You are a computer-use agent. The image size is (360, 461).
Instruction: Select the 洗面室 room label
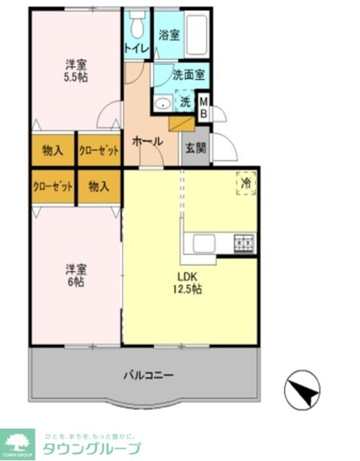pyautogui.click(x=189, y=76)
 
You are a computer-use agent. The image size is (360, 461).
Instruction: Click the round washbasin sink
pyautogui.click(x=162, y=103)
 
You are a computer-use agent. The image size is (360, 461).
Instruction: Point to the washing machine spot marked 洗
pyautogui.click(x=185, y=102)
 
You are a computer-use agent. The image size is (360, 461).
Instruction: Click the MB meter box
pyautogui.click(x=203, y=106)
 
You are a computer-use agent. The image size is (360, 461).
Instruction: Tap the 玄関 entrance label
pyautogui.click(x=195, y=146)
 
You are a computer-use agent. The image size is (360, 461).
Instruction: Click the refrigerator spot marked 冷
pyautogui.click(x=245, y=182)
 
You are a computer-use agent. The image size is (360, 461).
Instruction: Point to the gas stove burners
pyautogui.click(x=244, y=243)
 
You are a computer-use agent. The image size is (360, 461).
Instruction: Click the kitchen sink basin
pyautogui.click(x=204, y=243)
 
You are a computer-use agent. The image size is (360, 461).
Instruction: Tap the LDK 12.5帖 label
pyautogui.click(x=188, y=283)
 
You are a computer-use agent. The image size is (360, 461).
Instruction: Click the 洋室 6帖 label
pyautogui.click(x=76, y=276)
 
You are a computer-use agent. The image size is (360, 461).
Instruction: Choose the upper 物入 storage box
pyautogui.click(x=53, y=151)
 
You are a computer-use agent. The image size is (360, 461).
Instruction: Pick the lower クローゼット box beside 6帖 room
pyautogui.click(x=53, y=186)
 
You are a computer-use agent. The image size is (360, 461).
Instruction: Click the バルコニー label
pyautogui.click(x=148, y=376)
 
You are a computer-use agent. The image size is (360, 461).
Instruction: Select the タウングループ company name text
pyautogui.click(x=91, y=448)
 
